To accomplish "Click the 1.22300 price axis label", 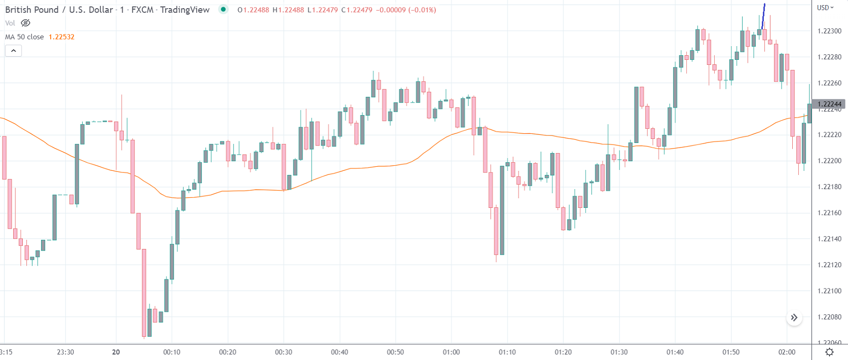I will (x=829, y=31).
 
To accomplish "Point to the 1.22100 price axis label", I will (x=829, y=291).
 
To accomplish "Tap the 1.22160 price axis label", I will (x=829, y=213).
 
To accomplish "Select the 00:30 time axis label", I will (x=283, y=352).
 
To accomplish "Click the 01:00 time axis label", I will (x=451, y=352).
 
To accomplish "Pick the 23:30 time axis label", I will (x=65, y=352).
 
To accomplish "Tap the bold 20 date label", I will (x=116, y=352).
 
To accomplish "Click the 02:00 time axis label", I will (x=787, y=352).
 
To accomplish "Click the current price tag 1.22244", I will (x=829, y=104).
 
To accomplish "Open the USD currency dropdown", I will (x=825, y=8).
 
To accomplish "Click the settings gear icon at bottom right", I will (x=829, y=352).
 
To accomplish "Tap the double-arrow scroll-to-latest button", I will (x=794, y=317).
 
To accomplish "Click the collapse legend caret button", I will (x=13, y=51).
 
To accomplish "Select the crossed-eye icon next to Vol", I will (x=25, y=23).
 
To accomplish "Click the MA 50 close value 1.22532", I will (x=61, y=37).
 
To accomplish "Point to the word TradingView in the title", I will (x=185, y=10).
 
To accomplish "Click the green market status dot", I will (x=223, y=9).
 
